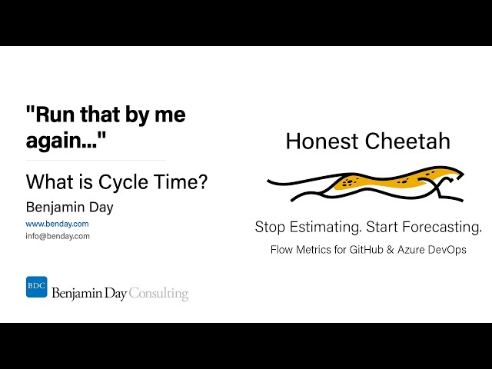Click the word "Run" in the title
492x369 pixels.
point(49,115)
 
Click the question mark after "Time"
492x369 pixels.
point(203,183)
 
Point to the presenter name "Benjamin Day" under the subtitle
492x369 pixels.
point(70,207)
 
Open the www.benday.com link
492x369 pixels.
point(57,224)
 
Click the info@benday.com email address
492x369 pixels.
point(58,236)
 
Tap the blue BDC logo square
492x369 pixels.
point(36,287)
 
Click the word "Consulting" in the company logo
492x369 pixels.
point(158,293)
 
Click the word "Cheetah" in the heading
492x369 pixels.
point(411,141)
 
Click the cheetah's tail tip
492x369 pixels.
point(270,180)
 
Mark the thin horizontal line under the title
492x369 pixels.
point(95,161)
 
